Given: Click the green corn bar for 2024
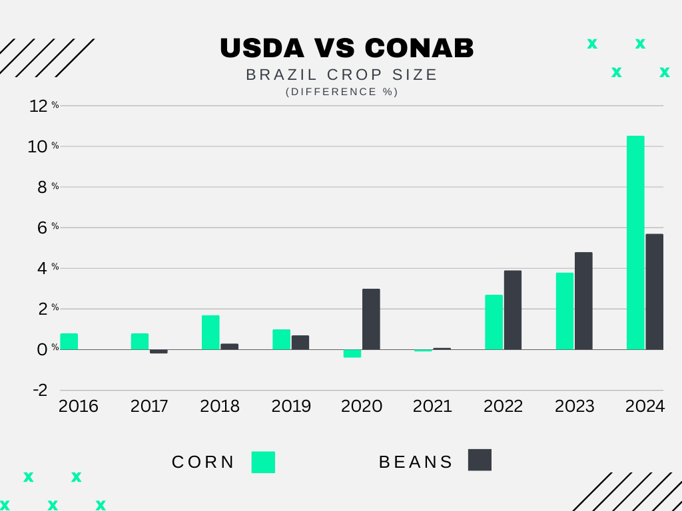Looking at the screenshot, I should [x=635, y=243].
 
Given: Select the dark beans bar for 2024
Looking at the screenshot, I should [x=654, y=291].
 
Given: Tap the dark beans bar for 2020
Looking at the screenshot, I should [x=371, y=319].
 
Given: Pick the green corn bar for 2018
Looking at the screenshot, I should [x=210, y=332].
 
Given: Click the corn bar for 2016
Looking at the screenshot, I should [x=69, y=341].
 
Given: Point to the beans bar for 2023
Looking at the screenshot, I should [x=583, y=301].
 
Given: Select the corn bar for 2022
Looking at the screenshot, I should [x=494, y=322].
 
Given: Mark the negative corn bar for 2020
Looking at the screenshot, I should [x=352, y=353].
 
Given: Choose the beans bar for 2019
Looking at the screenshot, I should [x=300, y=342].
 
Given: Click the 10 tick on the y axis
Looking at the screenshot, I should [x=40, y=146].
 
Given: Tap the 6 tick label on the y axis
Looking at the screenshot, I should [x=43, y=228].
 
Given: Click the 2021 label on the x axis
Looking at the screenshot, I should [x=432, y=406].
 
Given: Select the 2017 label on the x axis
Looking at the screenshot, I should [x=149, y=406].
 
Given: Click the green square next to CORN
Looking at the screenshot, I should [x=263, y=462].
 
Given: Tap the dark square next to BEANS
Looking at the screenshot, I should [x=480, y=460].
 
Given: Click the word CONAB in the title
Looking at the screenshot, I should [x=420, y=48].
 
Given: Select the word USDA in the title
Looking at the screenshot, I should [x=261, y=48].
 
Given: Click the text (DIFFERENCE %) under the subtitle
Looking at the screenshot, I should [x=342, y=92].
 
